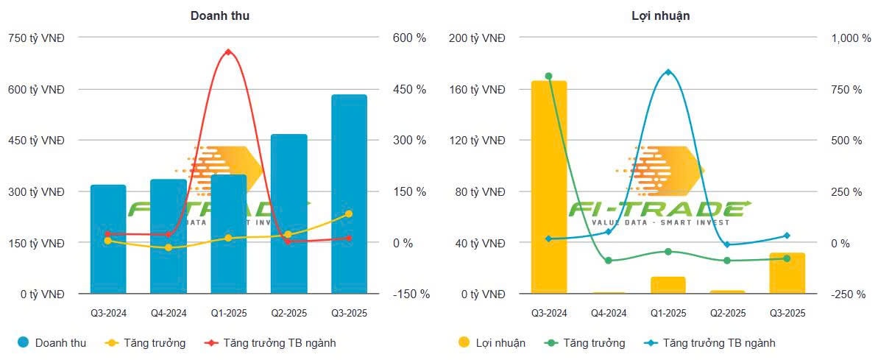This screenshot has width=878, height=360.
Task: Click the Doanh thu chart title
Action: coord(220,15)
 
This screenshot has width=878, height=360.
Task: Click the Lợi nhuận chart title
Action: coord(660,15)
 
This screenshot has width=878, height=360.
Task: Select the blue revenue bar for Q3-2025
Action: coord(349,195)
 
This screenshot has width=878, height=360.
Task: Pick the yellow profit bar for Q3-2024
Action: coord(549,188)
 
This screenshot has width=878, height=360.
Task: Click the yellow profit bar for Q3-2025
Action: coord(787,273)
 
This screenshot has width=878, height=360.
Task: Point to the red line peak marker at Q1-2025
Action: coord(228,52)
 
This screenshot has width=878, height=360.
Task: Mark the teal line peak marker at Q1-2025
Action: coord(668,72)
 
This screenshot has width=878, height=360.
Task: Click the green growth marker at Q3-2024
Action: coord(549,76)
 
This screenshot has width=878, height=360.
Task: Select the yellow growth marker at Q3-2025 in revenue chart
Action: coord(349,213)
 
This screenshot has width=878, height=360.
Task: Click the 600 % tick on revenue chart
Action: coord(411,38)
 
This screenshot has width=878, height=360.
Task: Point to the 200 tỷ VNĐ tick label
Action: coord(477,38)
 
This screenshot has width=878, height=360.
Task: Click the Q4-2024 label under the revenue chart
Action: coord(169,314)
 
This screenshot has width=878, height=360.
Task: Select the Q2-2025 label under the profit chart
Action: coord(727,314)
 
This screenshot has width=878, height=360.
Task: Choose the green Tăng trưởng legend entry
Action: coord(586,343)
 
